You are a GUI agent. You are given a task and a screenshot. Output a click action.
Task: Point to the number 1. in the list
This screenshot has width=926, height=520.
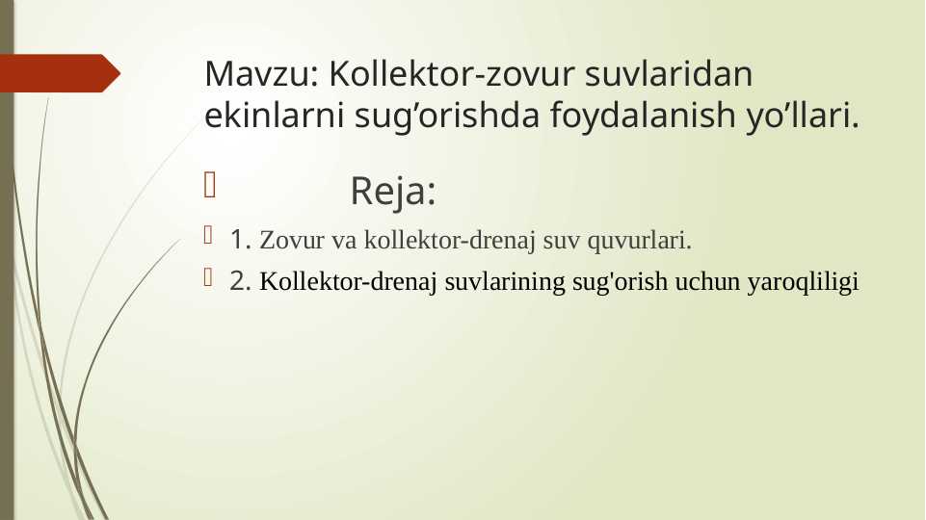241,238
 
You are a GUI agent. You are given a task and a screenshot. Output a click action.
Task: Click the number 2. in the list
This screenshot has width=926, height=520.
241,281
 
